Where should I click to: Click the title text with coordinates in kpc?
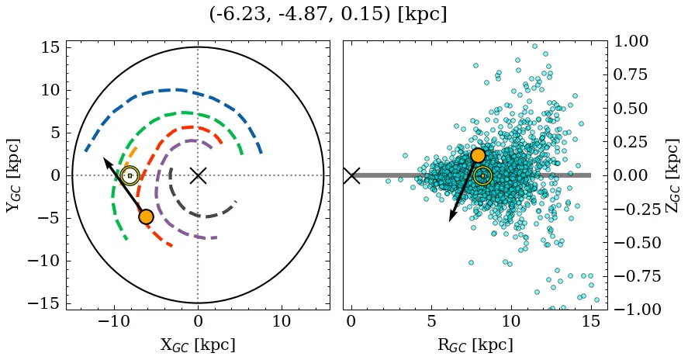(328, 15)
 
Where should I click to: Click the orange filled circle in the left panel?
(146, 216)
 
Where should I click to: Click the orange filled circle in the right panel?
(478, 155)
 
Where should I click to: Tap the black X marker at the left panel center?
(198, 175)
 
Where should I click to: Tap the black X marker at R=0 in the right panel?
(351, 175)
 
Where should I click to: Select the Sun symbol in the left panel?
(130, 176)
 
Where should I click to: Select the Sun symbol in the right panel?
(482, 175)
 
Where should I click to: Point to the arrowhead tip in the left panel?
(104, 157)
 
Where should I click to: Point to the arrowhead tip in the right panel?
(450, 221)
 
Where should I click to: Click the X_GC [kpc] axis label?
(198, 344)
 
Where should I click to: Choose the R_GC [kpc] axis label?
(474, 344)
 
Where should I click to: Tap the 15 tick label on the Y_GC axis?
(50, 47)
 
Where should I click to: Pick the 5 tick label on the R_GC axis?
(431, 321)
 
